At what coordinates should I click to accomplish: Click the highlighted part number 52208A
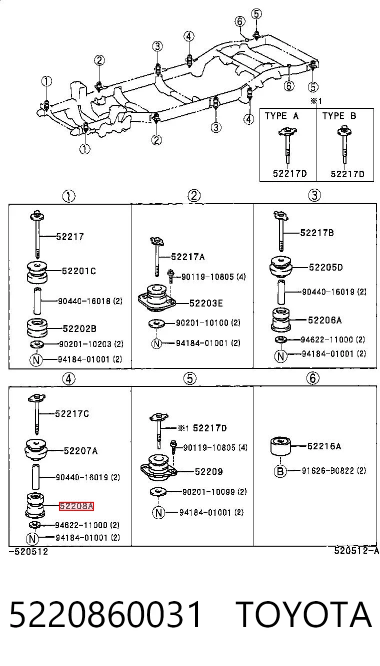pos(76,506)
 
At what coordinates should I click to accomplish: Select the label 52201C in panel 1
pos(79,271)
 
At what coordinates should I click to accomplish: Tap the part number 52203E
pos(206,303)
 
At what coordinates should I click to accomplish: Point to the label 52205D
pos(326,267)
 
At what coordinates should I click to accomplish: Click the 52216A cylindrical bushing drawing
pos(280,446)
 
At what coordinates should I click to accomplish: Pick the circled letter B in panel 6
pos(280,471)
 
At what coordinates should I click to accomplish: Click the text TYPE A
pos(281,116)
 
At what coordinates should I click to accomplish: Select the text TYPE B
pos(339,116)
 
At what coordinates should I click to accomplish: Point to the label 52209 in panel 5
pos(209,472)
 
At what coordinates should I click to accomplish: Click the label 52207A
pos(80,451)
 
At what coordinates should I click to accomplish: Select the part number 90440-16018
pos(84,301)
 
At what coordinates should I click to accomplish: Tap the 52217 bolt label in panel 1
pos(70,237)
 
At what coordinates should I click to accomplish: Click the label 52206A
pos(324,320)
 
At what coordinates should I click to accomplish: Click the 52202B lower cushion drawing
pos(37,328)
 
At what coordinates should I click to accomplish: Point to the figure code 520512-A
pos(356,551)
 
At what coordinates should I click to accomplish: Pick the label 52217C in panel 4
pos(72,413)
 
